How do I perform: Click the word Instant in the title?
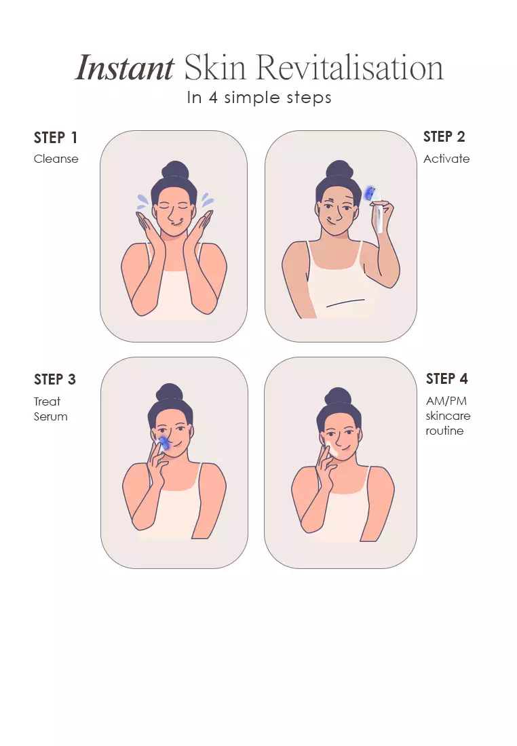click(x=125, y=68)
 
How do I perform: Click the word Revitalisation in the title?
click(x=350, y=67)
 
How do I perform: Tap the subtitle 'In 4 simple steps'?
click(x=259, y=98)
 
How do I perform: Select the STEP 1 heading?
click(x=55, y=138)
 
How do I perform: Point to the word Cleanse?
click(x=56, y=159)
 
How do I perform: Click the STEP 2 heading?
click(x=444, y=136)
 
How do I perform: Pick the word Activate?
click(x=446, y=159)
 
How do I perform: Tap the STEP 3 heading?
click(x=55, y=379)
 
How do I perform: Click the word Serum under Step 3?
click(x=50, y=417)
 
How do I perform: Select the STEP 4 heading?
click(x=446, y=378)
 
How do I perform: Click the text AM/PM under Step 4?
click(x=446, y=401)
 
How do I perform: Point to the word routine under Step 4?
click(x=444, y=431)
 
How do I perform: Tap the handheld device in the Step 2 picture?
click(x=376, y=208)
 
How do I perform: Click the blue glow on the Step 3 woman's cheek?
click(x=162, y=443)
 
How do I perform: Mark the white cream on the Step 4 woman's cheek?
click(x=332, y=450)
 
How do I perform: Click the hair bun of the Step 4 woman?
click(x=337, y=396)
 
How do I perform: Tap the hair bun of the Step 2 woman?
click(x=339, y=170)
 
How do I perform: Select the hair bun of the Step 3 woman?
click(x=170, y=393)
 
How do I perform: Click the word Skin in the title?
click(x=215, y=67)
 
